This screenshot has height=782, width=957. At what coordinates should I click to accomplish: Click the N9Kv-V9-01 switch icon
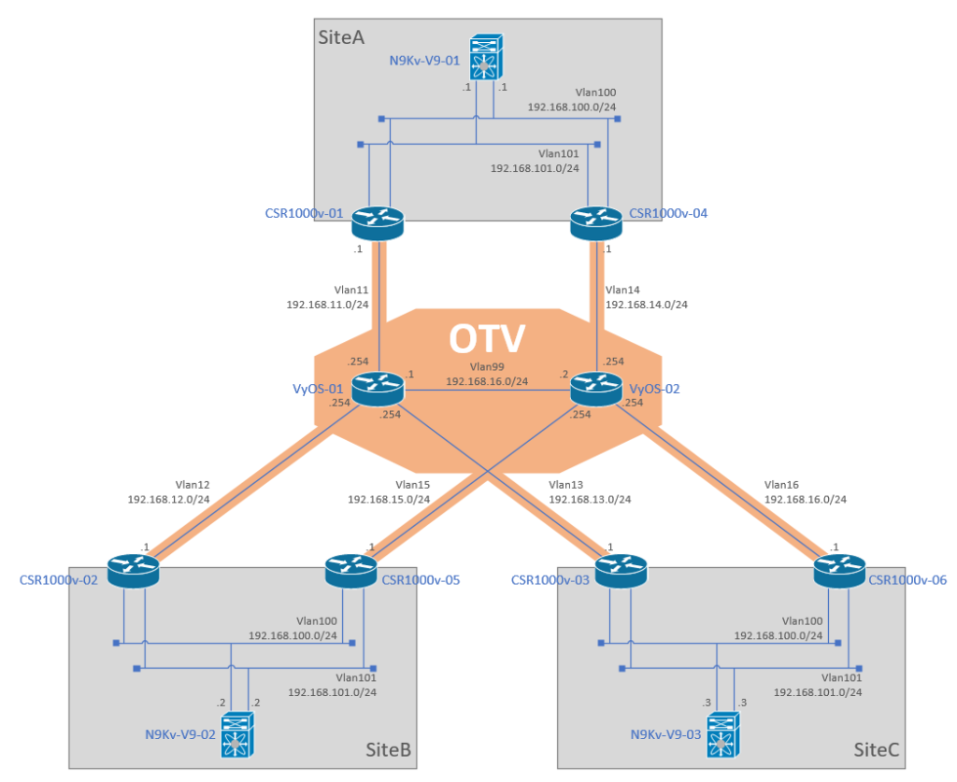pyautogui.click(x=486, y=56)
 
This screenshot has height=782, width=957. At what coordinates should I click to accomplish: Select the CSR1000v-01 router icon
pyautogui.click(x=378, y=222)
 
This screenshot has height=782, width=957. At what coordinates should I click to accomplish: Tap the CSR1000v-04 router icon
pyautogui.click(x=596, y=222)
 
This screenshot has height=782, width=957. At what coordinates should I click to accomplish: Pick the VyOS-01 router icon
pyautogui.click(x=378, y=389)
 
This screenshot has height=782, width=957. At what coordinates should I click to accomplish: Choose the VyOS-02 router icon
pyautogui.click(x=596, y=389)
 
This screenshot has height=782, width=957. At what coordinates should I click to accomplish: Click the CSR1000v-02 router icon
pyautogui.click(x=133, y=571)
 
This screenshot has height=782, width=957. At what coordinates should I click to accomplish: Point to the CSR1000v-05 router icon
pyautogui.click(x=351, y=571)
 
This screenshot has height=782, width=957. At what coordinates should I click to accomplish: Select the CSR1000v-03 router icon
pyautogui.click(x=621, y=571)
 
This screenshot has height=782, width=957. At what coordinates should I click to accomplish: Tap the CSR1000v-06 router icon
pyautogui.click(x=839, y=571)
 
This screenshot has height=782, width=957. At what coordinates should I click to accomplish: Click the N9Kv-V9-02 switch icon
pyautogui.click(x=237, y=734)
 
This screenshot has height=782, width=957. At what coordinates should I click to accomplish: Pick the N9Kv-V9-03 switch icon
pyautogui.click(x=723, y=734)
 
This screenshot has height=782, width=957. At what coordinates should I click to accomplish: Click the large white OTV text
pyautogui.click(x=487, y=339)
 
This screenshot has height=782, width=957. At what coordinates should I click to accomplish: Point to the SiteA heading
pyautogui.click(x=341, y=37)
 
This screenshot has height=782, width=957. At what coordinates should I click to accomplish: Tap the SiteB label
pyautogui.click(x=388, y=749)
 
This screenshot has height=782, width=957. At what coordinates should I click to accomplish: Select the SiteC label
pyautogui.click(x=877, y=749)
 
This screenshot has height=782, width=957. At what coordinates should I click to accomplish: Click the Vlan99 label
pyautogui.click(x=487, y=367)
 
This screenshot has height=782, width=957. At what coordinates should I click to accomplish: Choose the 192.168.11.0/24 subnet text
pyautogui.click(x=328, y=305)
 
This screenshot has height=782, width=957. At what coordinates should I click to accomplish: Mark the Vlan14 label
pyautogui.click(x=622, y=290)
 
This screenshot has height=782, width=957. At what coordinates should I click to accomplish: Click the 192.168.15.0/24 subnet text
pyautogui.click(x=389, y=500)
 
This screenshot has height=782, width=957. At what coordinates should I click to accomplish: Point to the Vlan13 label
pyautogui.click(x=565, y=485)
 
